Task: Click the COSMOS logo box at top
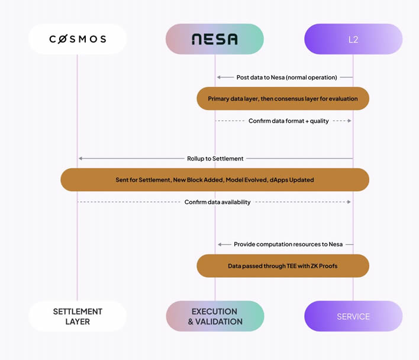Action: tap(78, 39)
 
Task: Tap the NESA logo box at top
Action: tap(215, 39)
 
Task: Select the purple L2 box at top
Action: tap(353, 39)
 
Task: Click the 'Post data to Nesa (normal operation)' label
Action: tap(286, 77)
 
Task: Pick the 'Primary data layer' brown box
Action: tap(283, 98)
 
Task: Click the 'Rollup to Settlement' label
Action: tap(215, 158)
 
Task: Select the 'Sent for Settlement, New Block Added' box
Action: tap(215, 179)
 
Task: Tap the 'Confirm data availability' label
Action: tap(217, 202)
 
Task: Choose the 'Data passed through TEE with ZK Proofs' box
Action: tap(283, 266)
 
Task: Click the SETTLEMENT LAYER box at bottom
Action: tap(78, 316)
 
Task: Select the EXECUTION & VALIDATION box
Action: tap(215, 316)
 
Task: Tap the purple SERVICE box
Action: tap(353, 316)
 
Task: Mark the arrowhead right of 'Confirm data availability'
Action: tap(349, 202)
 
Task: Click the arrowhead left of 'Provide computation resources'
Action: tap(219, 244)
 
